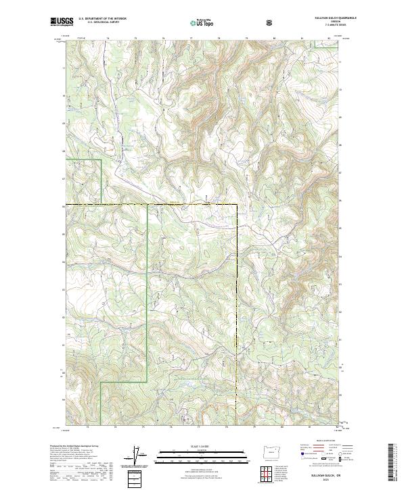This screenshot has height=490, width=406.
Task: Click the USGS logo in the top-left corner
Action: point(62,23)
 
